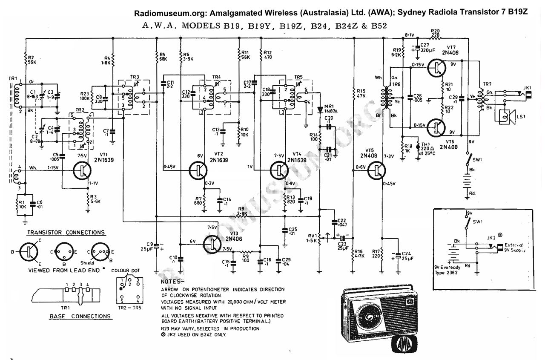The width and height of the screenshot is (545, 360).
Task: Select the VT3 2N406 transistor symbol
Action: (213, 244)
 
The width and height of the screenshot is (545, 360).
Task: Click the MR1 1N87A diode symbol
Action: (320, 109)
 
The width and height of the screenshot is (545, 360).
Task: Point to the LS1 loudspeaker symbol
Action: (506, 116)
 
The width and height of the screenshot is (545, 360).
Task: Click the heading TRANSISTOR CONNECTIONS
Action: (66, 233)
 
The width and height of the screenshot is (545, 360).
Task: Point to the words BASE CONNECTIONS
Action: (80, 317)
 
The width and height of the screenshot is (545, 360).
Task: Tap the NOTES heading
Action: (172, 282)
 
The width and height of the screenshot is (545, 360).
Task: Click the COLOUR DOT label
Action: (125, 271)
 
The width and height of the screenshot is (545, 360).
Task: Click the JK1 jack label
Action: (528, 88)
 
